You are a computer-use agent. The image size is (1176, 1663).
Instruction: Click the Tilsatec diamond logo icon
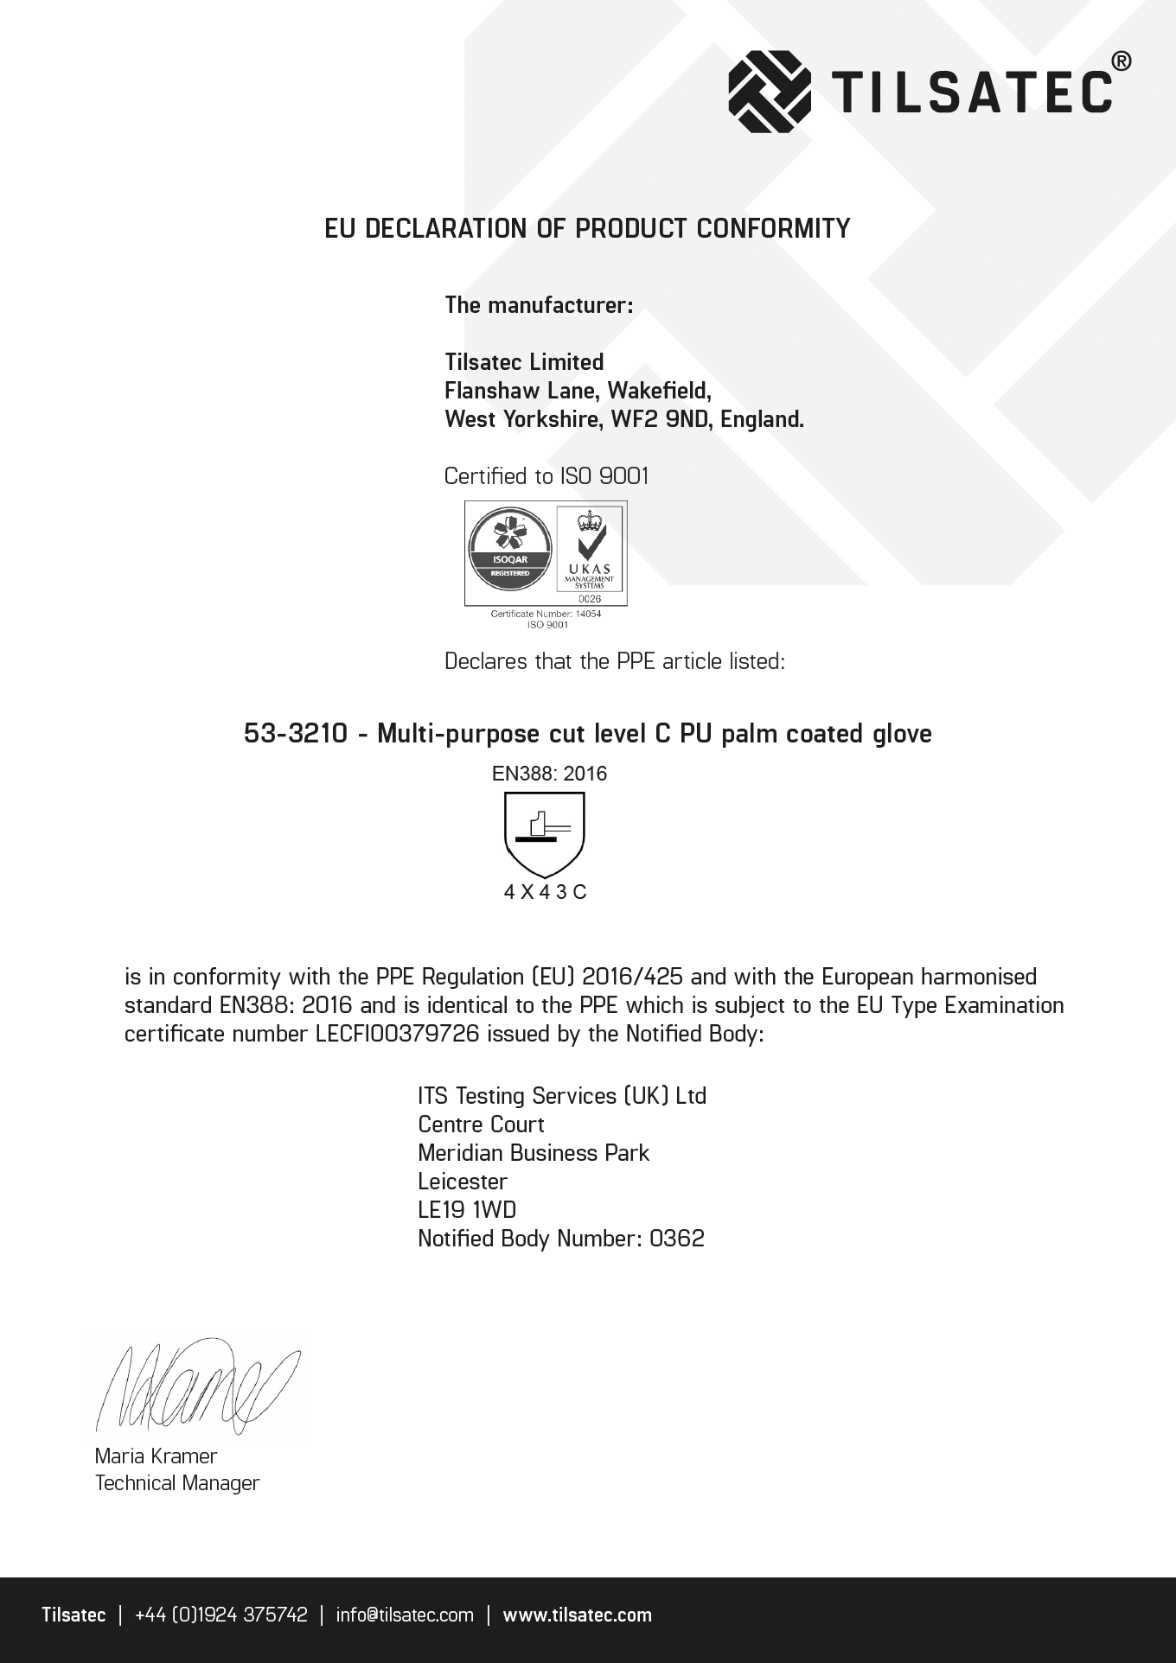click(x=770, y=91)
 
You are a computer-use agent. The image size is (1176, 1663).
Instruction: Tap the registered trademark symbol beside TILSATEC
click(x=1120, y=61)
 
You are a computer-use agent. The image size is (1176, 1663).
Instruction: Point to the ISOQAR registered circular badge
click(x=509, y=552)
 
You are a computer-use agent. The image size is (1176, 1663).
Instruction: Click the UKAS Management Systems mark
click(x=590, y=554)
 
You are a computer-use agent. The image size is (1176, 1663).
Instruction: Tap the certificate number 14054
click(x=588, y=614)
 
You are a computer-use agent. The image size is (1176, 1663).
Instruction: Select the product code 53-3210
click(x=296, y=734)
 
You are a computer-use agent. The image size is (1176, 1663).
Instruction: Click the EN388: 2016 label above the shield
click(x=549, y=774)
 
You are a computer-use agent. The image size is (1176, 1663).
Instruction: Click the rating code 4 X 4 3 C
click(x=545, y=892)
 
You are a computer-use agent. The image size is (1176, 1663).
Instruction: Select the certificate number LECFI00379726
click(x=398, y=1034)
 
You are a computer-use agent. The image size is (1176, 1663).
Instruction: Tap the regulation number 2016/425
click(x=633, y=977)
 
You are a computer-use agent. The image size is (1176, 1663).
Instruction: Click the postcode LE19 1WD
click(x=467, y=1210)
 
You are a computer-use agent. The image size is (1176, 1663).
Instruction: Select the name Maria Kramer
click(x=156, y=1456)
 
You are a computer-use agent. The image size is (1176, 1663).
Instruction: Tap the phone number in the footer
click(x=221, y=1615)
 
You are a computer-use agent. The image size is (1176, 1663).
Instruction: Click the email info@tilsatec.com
click(x=405, y=1615)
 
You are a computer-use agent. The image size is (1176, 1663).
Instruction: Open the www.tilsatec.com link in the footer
click(x=578, y=1615)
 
